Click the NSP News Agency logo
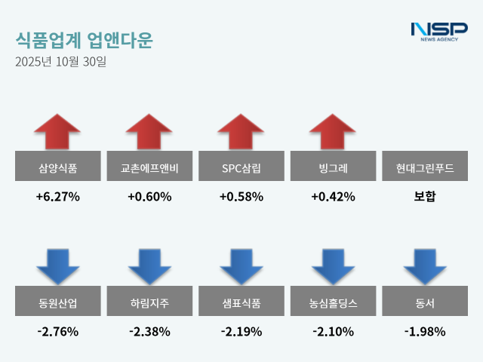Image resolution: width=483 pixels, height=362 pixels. (x=438, y=32)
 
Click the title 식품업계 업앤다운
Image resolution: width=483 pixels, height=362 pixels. (x=83, y=40)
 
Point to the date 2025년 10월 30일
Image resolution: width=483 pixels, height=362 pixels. (x=61, y=62)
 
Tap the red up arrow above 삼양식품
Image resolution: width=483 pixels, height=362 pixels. (x=57, y=132)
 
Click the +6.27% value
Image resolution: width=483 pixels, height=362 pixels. (x=57, y=197)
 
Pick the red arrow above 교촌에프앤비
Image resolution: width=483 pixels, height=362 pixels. (x=149, y=132)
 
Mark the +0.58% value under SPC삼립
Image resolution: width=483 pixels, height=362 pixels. (x=241, y=197)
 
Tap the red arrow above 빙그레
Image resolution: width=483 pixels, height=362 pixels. (x=333, y=132)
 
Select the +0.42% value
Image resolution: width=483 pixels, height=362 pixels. (x=333, y=197)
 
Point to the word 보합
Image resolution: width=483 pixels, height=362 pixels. (x=425, y=197)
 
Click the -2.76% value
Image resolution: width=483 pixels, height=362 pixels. (x=57, y=331)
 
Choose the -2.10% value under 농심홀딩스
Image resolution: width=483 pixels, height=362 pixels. (x=333, y=331)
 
